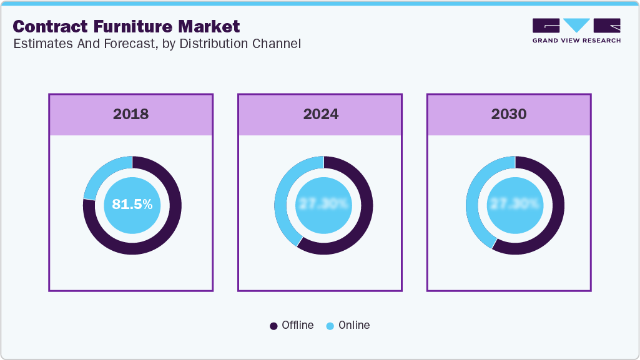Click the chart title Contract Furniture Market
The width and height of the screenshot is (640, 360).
click(x=126, y=26)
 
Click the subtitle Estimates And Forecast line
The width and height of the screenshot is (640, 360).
click(x=157, y=44)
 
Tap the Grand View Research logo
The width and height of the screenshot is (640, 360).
click(x=576, y=31)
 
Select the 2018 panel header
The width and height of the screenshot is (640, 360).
click(x=131, y=114)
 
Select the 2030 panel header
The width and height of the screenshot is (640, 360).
click(x=509, y=114)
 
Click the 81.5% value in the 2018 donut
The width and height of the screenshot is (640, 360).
click(x=132, y=205)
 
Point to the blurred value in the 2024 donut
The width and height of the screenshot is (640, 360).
click(x=324, y=205)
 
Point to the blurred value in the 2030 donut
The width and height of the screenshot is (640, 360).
click(x=515, y=205)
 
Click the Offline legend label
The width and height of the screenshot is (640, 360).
click(x=298, y=325)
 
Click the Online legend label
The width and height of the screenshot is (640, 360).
click(x=354, y=325)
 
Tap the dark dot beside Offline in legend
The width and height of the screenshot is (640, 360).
click(x=273, y=326)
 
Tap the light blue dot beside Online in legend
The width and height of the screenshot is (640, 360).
click(x=330, y=326)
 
